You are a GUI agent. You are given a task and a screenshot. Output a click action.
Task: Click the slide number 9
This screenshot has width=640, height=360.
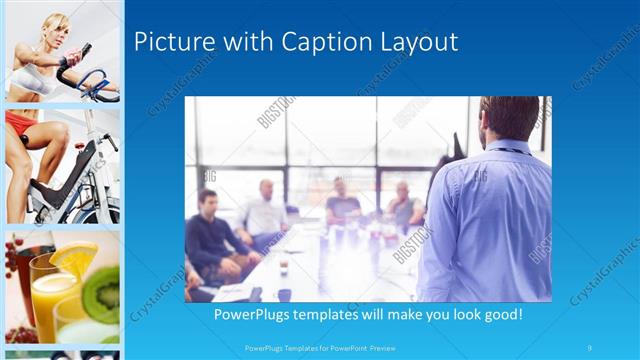590,348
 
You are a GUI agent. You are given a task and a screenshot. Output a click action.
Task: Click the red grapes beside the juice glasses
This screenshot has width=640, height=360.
14,257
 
